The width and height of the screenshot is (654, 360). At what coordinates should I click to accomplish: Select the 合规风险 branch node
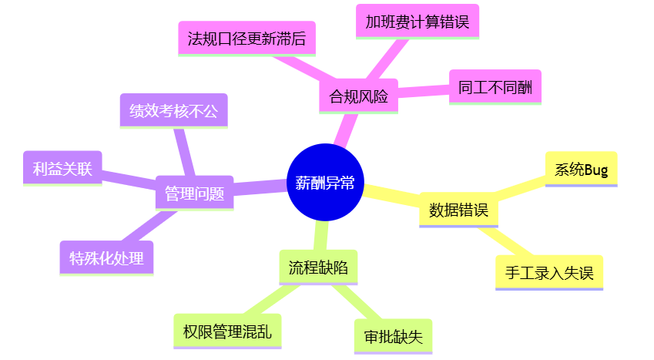click(x=358, y=96)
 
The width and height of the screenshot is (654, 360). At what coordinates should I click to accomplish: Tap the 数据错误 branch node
click(x=458, y=210)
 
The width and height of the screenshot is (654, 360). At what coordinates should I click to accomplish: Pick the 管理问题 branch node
click(x=194, y=193)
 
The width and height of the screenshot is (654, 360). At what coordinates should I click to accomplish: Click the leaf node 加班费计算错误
click(x=417, y=21)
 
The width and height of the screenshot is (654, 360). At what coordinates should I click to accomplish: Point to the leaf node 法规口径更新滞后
click(x=247, y=39)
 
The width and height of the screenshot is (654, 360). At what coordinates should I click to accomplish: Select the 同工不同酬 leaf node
click(x=495, y=86)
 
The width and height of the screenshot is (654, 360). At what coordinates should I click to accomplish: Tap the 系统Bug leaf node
click(x=581, y=170)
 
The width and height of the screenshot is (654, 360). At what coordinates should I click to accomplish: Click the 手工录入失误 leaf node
click(x=548, y=273)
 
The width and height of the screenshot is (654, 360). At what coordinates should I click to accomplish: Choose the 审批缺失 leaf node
click(x=393, y=336)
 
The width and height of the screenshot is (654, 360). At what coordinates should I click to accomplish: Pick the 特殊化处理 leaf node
click(x=106, y=258)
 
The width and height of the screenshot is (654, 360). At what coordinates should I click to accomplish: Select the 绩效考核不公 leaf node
click(x=173, y=111)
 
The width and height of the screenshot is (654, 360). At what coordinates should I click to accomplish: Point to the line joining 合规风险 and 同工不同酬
click(x=423, y=92)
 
